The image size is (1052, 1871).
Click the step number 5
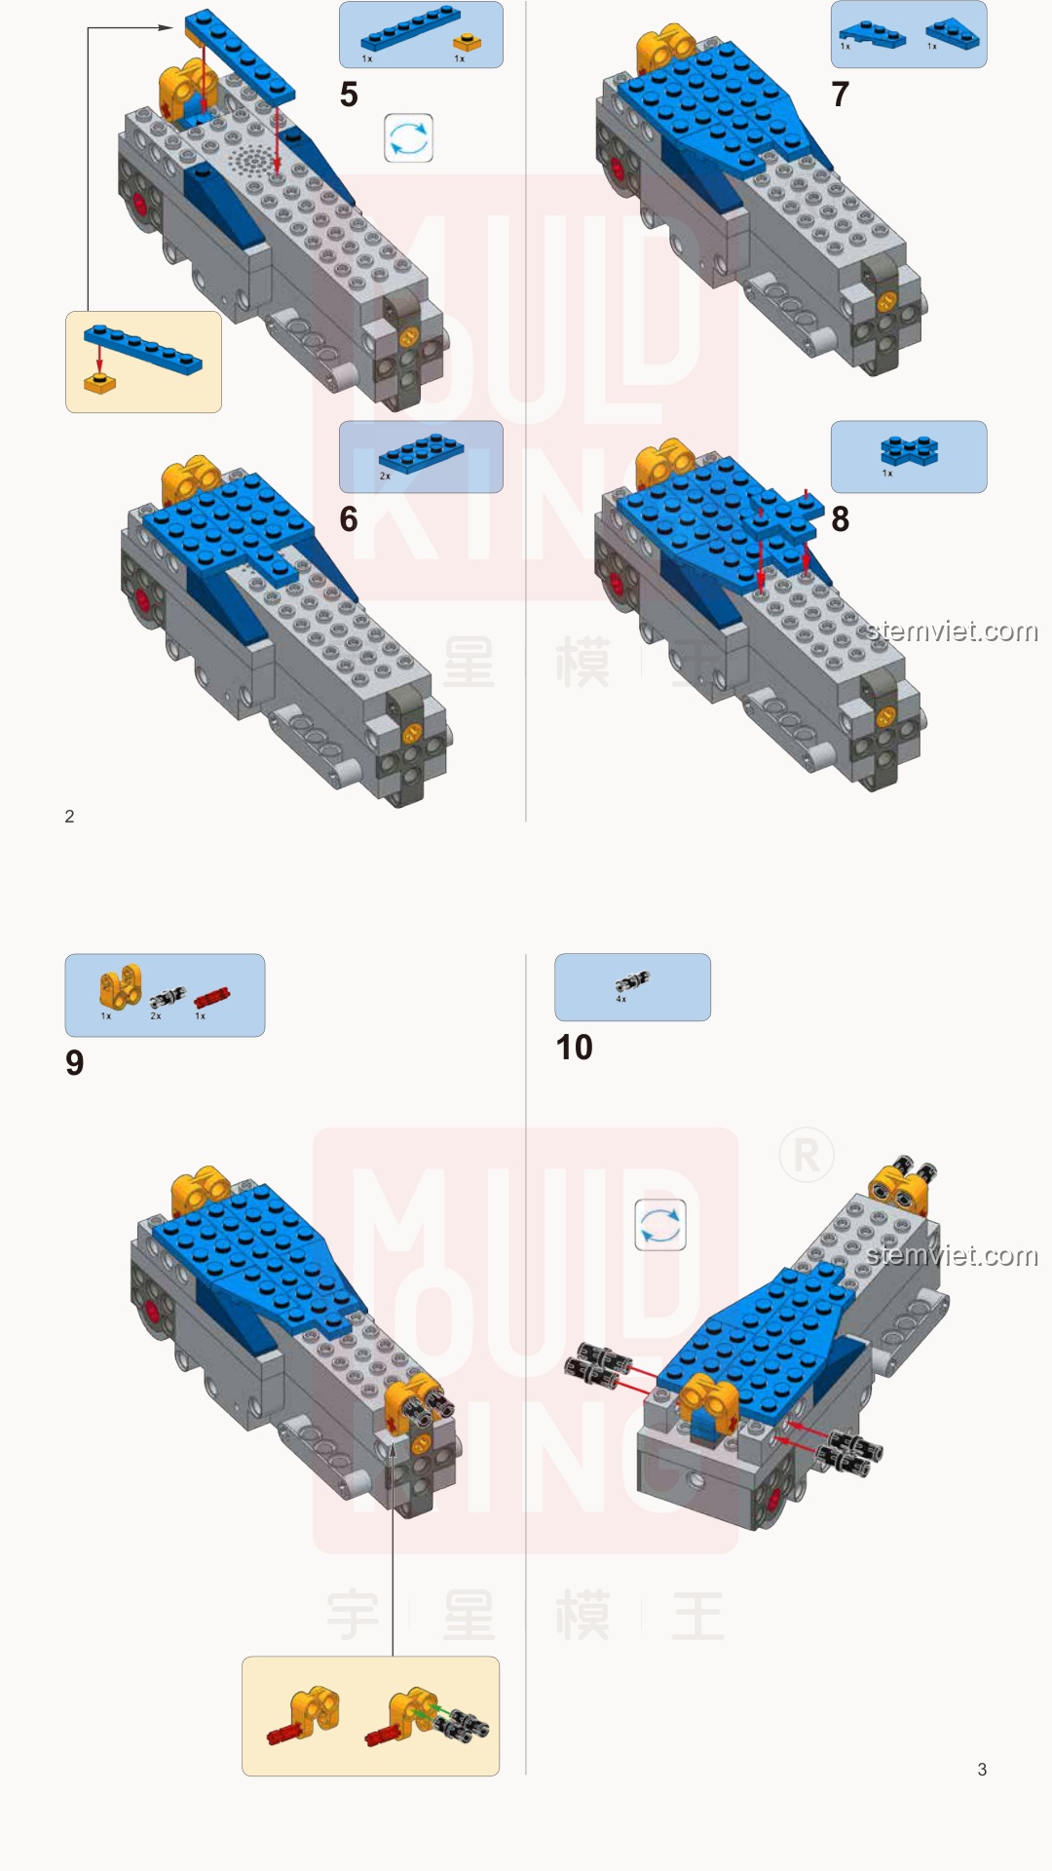(349, 95)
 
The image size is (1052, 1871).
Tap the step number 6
(349, 519)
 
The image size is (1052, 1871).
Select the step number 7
(840, 95)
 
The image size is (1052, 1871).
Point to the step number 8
(840, 519)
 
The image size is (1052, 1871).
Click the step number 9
(75, 1062)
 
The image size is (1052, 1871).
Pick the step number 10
(574, 1048)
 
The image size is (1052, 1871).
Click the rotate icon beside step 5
(408, 138)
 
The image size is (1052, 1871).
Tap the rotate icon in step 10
(660, 1225)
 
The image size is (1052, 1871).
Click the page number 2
(69, 817)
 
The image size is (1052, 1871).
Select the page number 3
(982, 1770)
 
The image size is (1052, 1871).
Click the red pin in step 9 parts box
(211, 997)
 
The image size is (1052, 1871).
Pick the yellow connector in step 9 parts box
(120, 987)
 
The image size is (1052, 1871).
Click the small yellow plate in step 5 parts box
(468, 42)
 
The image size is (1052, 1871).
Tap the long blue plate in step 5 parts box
(409, 28)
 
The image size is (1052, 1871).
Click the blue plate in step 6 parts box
(421, 453)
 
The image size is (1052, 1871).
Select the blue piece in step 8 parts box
(909, 450)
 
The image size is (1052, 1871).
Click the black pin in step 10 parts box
(631, 982)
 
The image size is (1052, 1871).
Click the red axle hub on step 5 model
(139, 203)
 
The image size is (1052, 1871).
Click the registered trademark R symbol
(807, 1156)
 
